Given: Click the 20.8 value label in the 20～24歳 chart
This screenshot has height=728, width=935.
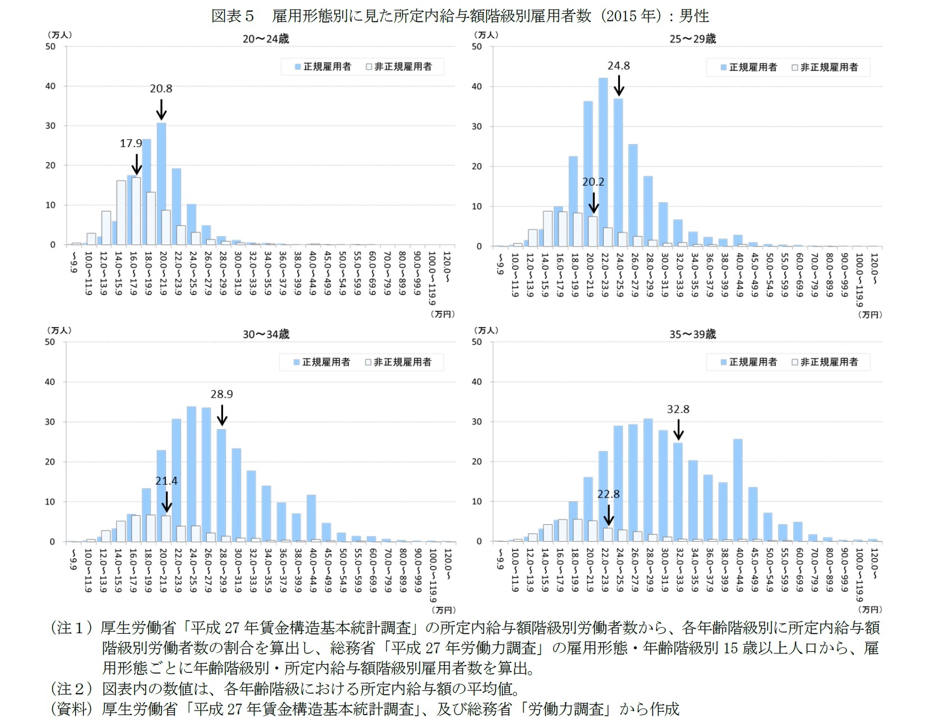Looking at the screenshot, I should coord(161,89).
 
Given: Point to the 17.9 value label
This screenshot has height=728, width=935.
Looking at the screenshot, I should coord(131,144).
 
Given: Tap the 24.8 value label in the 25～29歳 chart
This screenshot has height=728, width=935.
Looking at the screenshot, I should coord(618,66).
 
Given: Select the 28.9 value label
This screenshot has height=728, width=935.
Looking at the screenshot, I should coord(221,394).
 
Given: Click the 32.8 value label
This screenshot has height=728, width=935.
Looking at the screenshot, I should coord(678,409).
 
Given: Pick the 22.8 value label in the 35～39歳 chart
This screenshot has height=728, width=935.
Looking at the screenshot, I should coord(608,494).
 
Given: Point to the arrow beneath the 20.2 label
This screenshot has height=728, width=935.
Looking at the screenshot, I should coord(594,202).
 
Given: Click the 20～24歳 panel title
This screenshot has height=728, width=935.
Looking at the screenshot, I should coord(266,39).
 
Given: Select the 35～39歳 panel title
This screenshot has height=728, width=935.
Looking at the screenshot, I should coord(692,334).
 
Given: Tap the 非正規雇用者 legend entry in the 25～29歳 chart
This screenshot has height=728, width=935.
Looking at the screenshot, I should coord(825,67).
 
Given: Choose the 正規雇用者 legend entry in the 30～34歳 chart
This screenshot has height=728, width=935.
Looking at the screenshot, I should coord(322,362).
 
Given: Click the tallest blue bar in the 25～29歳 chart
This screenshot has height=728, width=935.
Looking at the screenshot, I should coord(603,163).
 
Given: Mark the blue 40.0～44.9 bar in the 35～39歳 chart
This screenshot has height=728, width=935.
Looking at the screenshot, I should coord(738,490).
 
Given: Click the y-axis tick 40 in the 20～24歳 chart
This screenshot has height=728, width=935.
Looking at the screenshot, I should coord(51,86).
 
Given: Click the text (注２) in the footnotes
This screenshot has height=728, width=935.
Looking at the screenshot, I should coord(71,689).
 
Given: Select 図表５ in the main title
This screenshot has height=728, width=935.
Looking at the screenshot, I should coord(233,16).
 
